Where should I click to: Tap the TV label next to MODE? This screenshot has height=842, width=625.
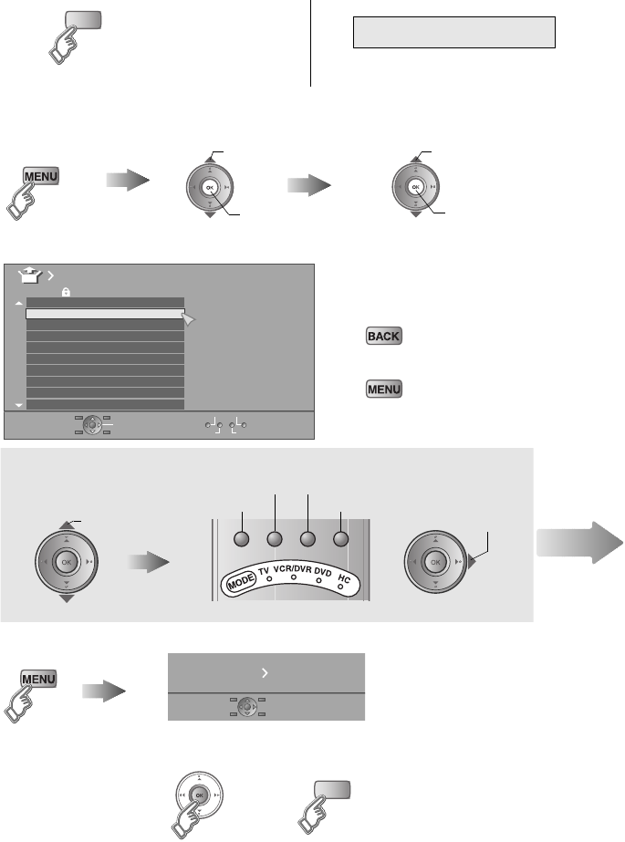(x=265, y=572)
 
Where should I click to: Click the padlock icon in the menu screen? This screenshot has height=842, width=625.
(x=66, y=290)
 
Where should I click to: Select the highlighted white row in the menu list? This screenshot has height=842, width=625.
(x=105, y=314)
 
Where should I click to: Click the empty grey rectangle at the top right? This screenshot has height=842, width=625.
(x=454, y=31)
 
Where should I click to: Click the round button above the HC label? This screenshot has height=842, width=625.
(x=341, y=538)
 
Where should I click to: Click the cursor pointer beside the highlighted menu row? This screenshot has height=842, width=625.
(x=189, y=318)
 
